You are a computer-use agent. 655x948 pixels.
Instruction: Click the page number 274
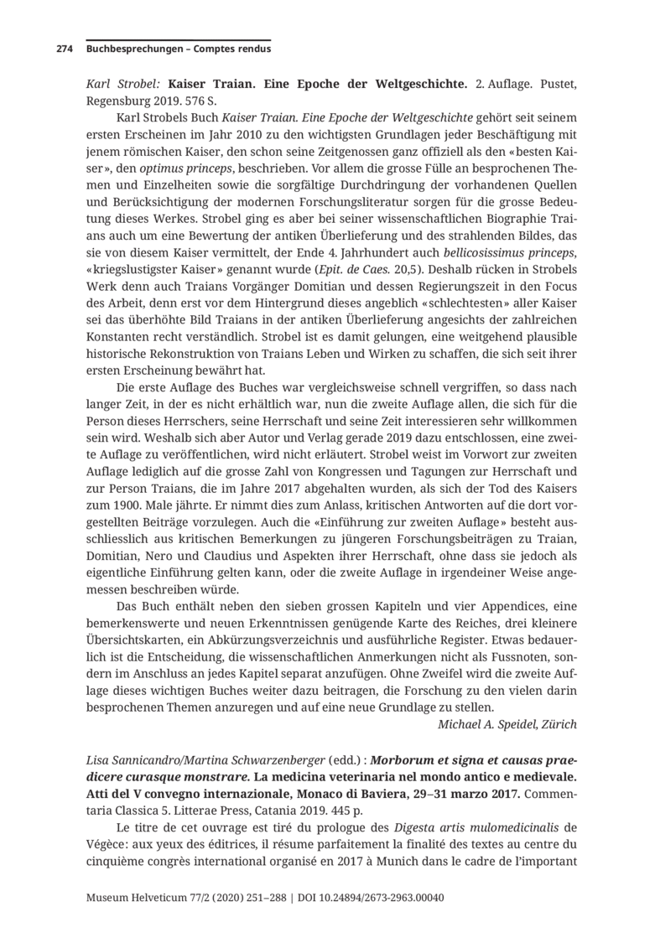pos(64,49)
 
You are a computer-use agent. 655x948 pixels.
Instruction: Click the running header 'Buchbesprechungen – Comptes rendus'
pos(178,49)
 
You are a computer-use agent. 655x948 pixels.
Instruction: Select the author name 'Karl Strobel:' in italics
pos(124,84)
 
